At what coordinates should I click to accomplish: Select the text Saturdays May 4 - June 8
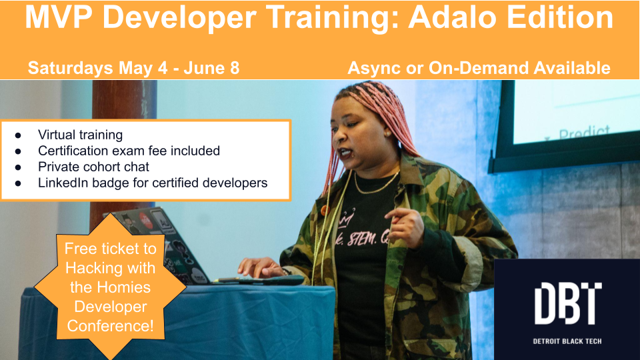click(x=133, y=67)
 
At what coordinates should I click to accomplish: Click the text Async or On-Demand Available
click(x=479, y=67)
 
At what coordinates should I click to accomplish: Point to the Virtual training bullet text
click(x=80, y=135)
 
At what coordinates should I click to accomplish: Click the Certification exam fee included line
click(x=129, y=151)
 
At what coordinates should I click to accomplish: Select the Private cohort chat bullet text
click(x=93, y=167)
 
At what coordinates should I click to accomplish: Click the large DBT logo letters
click(x=567, y=303)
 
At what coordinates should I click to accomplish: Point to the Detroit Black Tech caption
click(x=567, y=341)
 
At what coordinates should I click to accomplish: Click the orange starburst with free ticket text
click(x=111, y=288)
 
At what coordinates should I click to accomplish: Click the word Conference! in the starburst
click(x=111, y=326)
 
